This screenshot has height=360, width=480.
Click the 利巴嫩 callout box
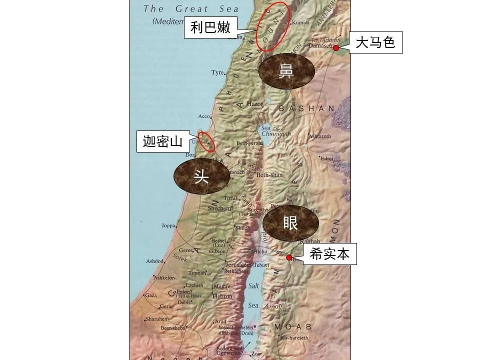(210, 27)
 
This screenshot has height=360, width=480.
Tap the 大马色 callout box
(375, 43)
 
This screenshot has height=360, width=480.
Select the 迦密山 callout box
(163, 141)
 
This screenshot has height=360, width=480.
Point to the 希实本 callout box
(329, 254)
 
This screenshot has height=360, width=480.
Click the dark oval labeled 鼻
(286, 72)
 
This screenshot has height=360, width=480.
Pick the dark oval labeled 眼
(290, 222)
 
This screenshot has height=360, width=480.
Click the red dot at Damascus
(336, 48)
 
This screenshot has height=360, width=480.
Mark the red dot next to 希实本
(289, 257)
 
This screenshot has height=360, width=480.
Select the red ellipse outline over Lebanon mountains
(272, 26)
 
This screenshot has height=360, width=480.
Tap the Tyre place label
(217, 72)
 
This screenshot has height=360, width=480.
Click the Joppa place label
(168, 225)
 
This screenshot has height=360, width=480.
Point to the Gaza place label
(150, 295)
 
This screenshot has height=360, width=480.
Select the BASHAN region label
(307, 108)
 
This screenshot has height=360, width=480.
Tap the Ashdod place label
(154, 261)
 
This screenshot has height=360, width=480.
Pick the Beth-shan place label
(269, 175)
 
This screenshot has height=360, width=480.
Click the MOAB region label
(292, 326)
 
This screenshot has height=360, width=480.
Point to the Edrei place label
(327, 158)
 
